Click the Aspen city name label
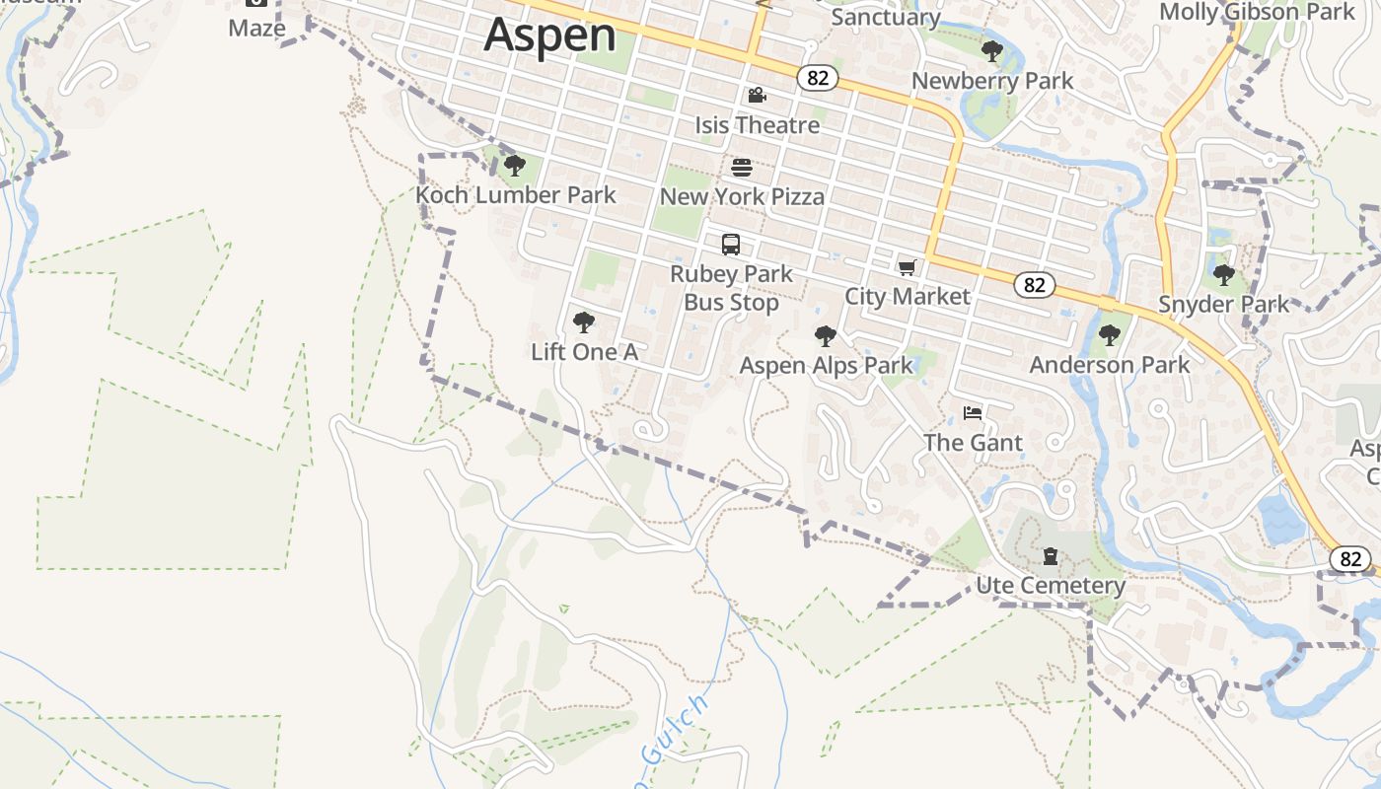point(549,35)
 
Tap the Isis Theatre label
point(757,125)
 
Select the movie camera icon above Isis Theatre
point(757,96)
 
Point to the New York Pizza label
point(742,196)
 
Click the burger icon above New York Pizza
point(742,168)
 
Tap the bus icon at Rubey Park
point(731,245)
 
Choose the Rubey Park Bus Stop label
point(731,288)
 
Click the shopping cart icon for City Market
point(908,267)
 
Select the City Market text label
point(908,296)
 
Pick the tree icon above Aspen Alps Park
point(826,336)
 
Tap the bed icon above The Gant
point(973,413)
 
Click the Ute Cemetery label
point(1051,586)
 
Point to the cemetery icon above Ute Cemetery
point(1051,557)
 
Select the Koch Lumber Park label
point(515,195)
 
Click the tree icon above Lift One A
point(584,323)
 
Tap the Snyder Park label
point(1223,304)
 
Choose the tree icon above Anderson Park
point(1110,335)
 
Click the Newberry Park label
point(992,81)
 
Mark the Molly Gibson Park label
point(1257,12)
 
